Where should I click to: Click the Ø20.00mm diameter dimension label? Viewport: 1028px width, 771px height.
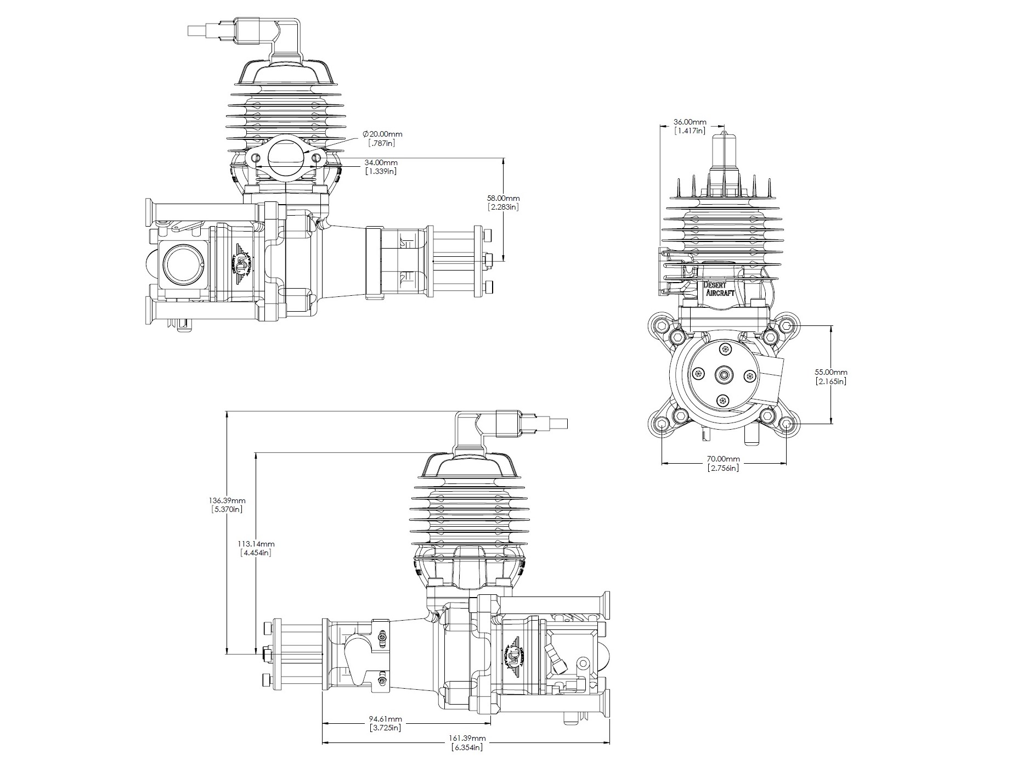point(382,134)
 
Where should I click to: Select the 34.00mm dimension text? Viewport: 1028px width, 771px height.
point(381,162)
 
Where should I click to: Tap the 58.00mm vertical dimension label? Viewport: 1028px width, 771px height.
point(503,198)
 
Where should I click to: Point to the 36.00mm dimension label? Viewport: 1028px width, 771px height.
point(690,122)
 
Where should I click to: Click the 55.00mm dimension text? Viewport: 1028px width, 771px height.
point(831,372)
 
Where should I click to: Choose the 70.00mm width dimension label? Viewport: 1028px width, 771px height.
point(723,459)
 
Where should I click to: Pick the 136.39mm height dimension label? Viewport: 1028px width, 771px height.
point(227,500)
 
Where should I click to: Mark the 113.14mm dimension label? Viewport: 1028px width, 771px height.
point(256,544)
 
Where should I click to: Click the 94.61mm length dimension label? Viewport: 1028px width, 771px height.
point(385,719)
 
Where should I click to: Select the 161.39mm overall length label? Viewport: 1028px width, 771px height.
point(468,739)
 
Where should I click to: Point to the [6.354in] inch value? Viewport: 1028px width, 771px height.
point(467,747)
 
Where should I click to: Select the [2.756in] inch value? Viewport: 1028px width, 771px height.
point(723,468)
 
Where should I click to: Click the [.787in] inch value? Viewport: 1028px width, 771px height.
point(382,143)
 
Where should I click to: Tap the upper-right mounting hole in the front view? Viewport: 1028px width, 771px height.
point(787,326)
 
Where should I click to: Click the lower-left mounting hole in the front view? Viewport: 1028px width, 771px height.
point(662,424)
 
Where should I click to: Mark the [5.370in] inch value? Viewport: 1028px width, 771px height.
point(227,509)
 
